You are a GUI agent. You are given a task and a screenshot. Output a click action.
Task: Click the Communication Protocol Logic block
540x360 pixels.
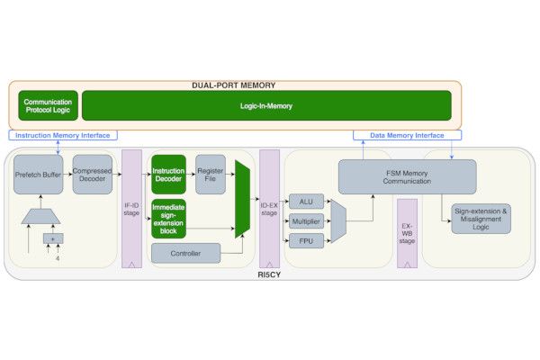pyautogui.click(x=47, y=105)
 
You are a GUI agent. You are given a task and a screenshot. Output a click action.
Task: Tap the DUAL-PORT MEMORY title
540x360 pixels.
pyautogui.click(x=233, y=85)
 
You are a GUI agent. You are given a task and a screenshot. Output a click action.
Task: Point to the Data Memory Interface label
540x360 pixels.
pyautogui.click(x=407, y=135)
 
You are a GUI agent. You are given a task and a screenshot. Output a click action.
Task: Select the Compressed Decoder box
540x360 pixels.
pyautogui.click(x=92, y=175)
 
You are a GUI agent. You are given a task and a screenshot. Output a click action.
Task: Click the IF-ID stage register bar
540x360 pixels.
pyautogui.click(x=132, y=207)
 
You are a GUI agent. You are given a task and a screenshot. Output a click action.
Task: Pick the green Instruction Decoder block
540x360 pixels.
pyautogui.click(x=168, y=174)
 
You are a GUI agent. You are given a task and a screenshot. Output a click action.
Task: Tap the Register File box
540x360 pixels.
pyautogui.click(x=210, y=174)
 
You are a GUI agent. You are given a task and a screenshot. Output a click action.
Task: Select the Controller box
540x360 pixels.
pyautogui.click(x=184, y=253)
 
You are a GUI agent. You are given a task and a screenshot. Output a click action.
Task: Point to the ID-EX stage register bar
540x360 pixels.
pyautogui.click(x=269, y=207)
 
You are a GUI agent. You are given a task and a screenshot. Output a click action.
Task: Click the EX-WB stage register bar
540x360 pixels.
pyautogui.click(x=407, y=229)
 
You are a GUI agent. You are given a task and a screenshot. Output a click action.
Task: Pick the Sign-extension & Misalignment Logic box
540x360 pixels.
pyautogui.click(x=481, y=218)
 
